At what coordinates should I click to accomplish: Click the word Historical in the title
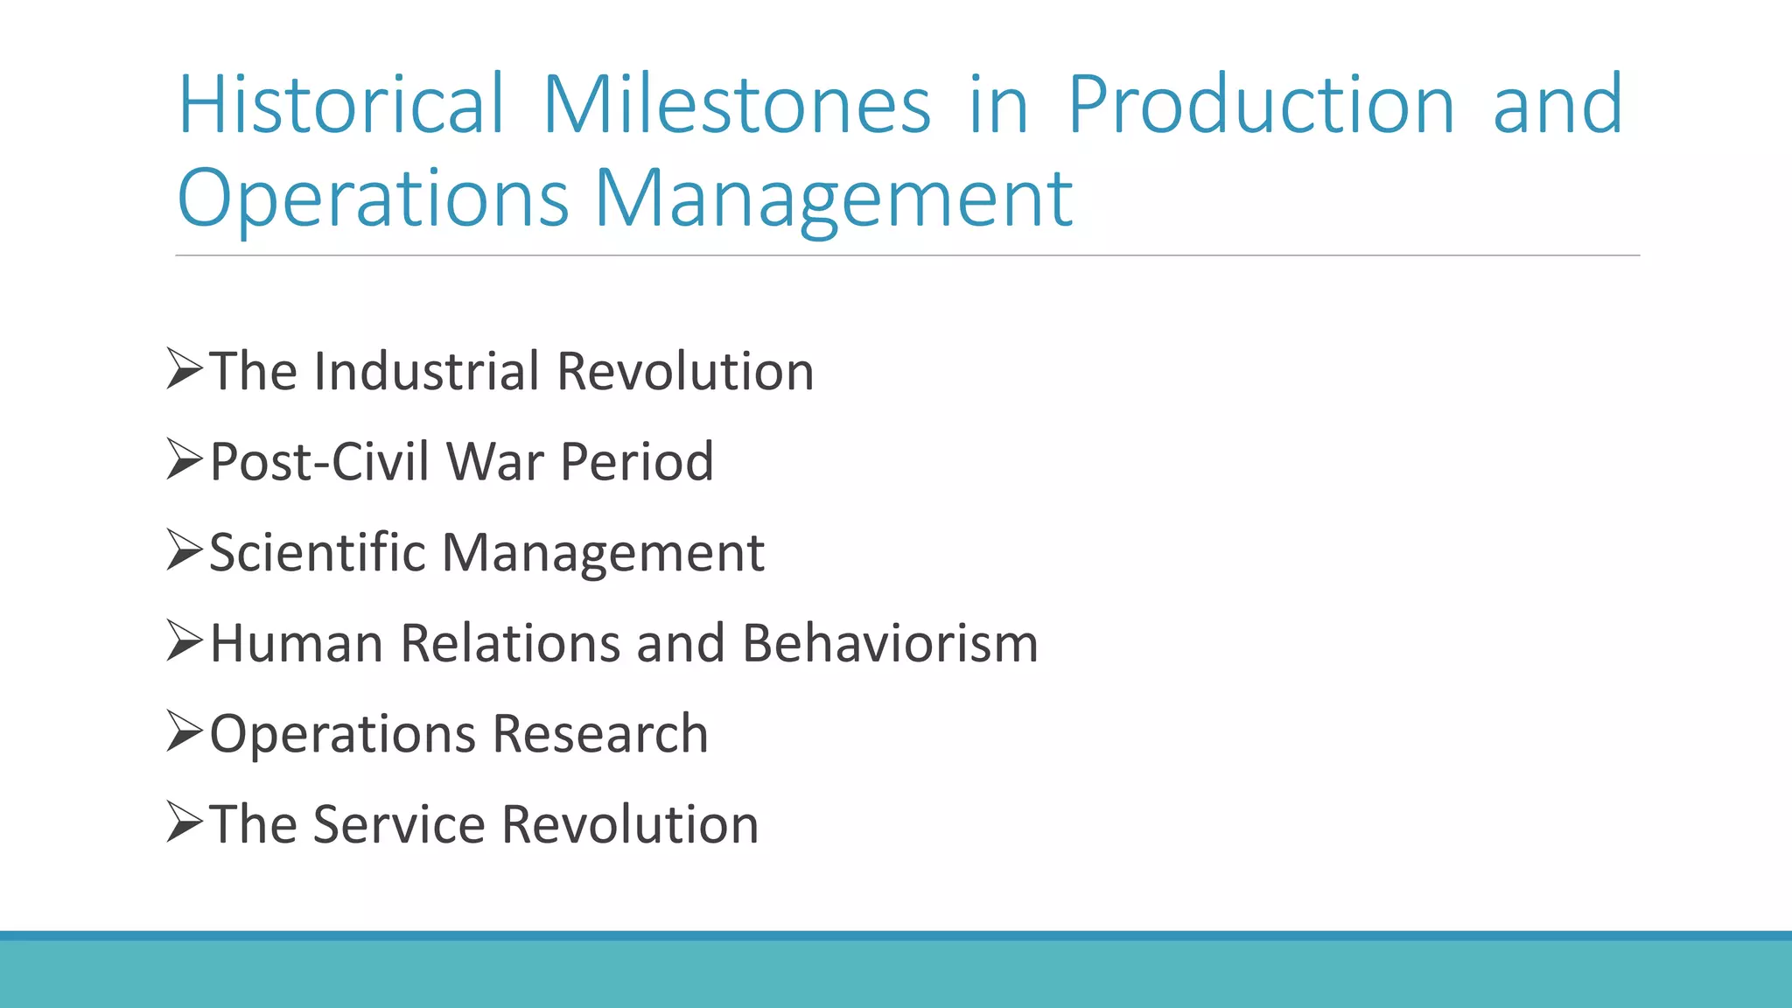(x=341, y=105)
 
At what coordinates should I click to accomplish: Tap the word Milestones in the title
(x=737, y=105)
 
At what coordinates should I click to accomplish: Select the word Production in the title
(x=1261, y=105)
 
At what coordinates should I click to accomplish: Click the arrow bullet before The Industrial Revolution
(x=184, y=368)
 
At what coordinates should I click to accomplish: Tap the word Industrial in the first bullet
(x=426, y=371)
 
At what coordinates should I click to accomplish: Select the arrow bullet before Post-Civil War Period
(x=184, y=459)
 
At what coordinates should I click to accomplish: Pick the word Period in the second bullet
(x=636, y=461)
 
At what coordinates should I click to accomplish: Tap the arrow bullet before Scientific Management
(x=184, y=550)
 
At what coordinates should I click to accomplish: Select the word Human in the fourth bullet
(x=297, y=643)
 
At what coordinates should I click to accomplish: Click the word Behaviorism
(x=890, y=643)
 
